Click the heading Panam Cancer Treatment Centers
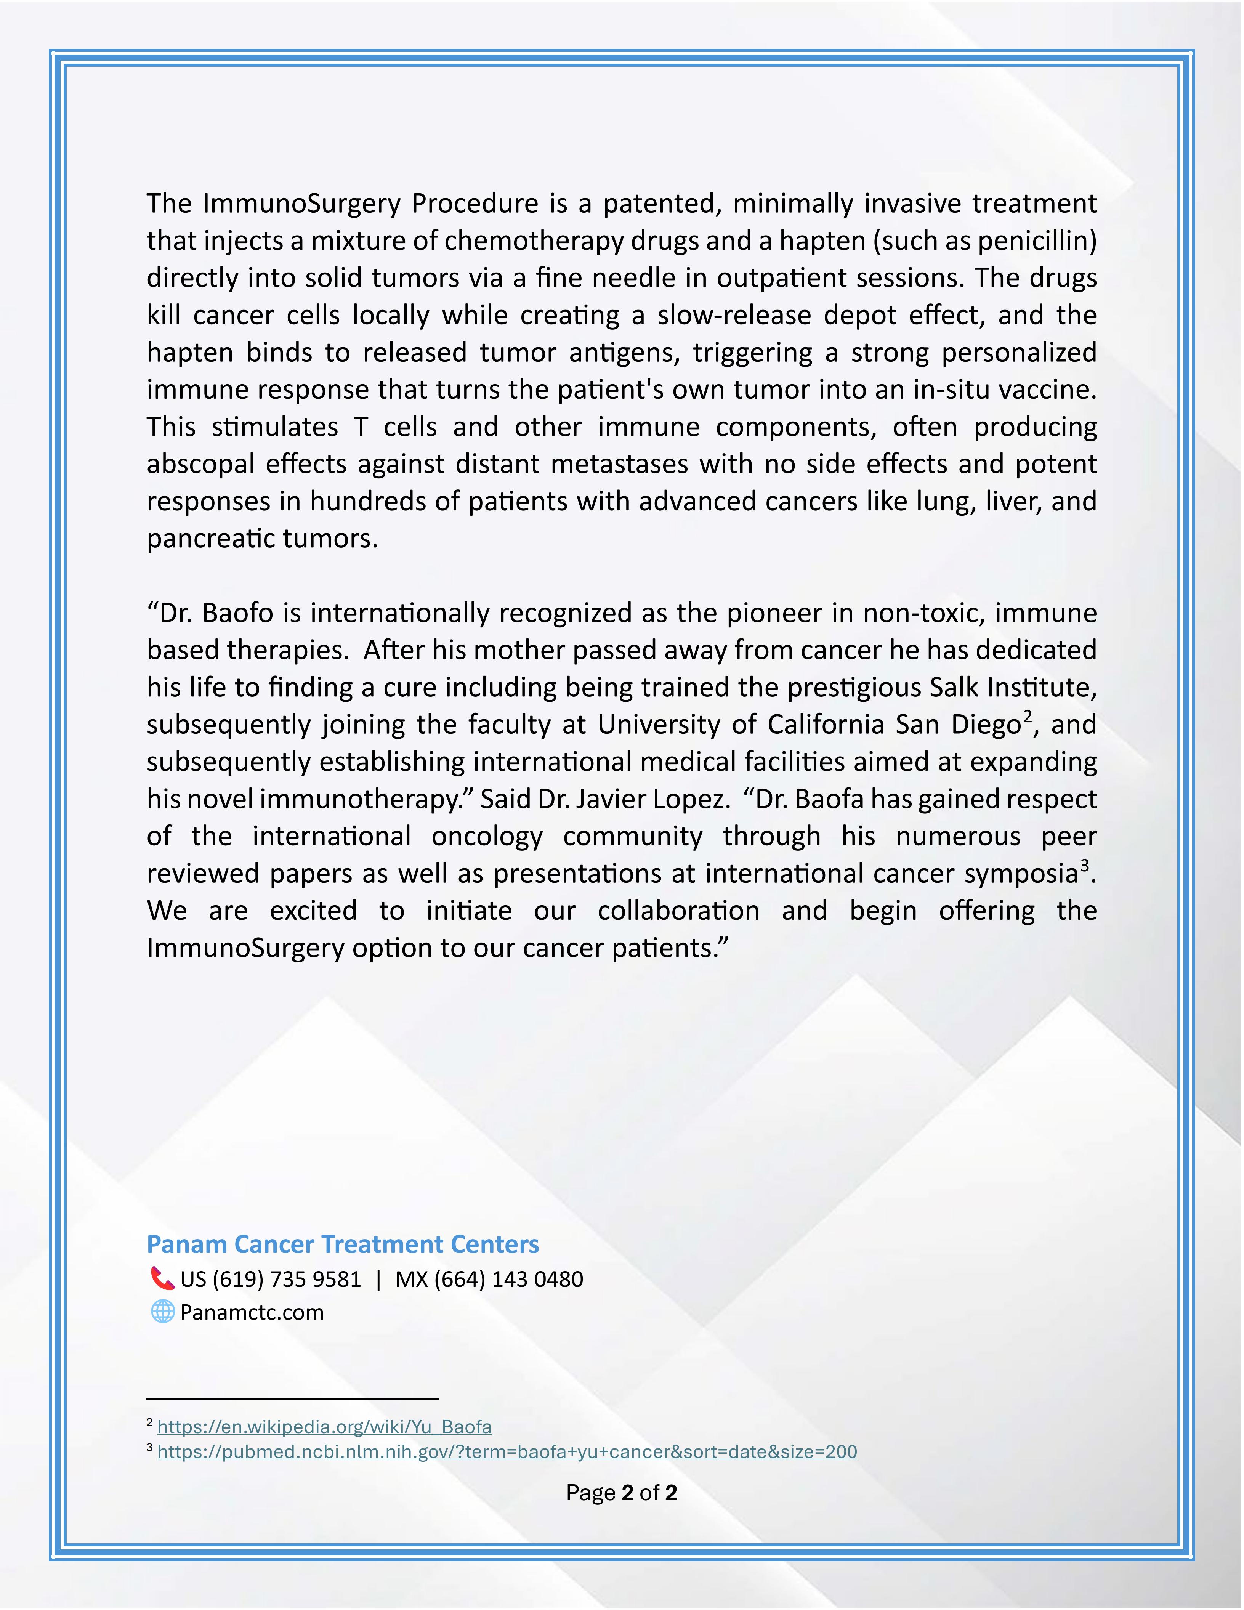[343, 1244]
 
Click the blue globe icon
[162, 1312]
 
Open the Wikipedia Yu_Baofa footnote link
[324, 1426]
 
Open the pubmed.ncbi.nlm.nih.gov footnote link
[507, 1451]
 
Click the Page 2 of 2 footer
[621, 1493]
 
